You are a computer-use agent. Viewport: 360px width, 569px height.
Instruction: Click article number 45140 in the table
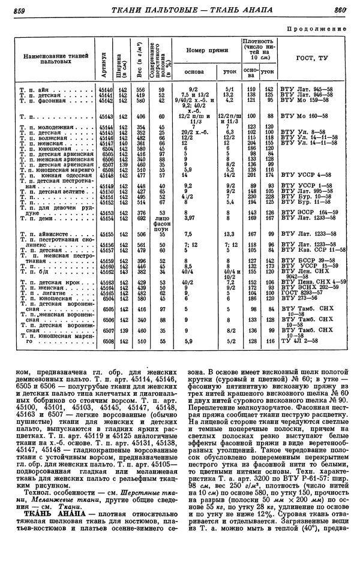(x=106, y=88)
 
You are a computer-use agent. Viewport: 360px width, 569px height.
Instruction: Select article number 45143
(x=106, y=115)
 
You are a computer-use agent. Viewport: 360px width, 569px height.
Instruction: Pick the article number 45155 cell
(x=106, y=234)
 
